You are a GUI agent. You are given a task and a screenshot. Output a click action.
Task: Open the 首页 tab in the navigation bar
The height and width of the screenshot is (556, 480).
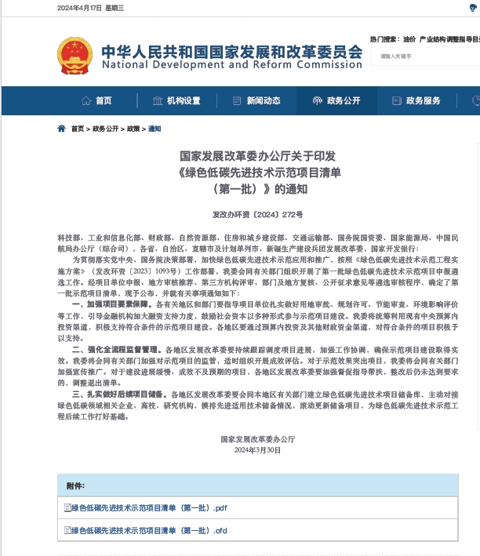[x=97, y=100]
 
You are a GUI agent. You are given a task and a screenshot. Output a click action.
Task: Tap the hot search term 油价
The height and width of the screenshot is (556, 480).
[x=409, y=38]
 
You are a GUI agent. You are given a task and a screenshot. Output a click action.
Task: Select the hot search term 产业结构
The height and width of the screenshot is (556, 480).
[x=433, y=38]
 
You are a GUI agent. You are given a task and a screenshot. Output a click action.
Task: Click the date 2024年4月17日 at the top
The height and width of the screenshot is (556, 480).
[x=78, y=8]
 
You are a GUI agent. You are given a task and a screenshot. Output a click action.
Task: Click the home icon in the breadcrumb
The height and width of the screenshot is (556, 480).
[x=62, y=129]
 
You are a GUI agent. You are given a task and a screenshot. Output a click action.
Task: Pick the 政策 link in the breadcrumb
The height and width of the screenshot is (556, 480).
[x=133, y=129]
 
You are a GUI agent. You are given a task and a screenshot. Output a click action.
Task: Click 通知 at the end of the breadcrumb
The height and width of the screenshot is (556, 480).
[x=154, y=129]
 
